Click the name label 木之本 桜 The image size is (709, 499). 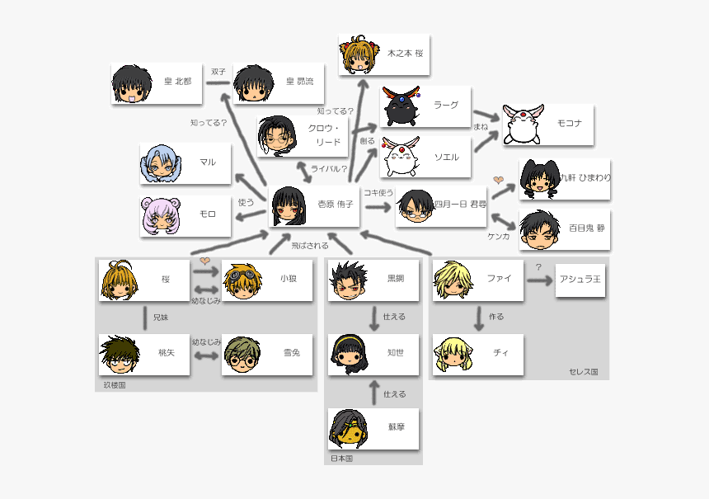405,52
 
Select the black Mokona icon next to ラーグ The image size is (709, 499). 401,106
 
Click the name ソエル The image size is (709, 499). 446,157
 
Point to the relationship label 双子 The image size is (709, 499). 218,72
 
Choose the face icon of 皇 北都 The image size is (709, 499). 132,83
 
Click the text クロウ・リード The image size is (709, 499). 324,135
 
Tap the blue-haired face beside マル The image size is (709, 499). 161,162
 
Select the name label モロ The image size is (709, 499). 207,214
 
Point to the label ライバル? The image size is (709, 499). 328,169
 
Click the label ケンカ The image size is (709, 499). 499,236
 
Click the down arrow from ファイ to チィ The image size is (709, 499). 479,317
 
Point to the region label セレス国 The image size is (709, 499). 583,372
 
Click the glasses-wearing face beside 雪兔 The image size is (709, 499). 242,355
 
